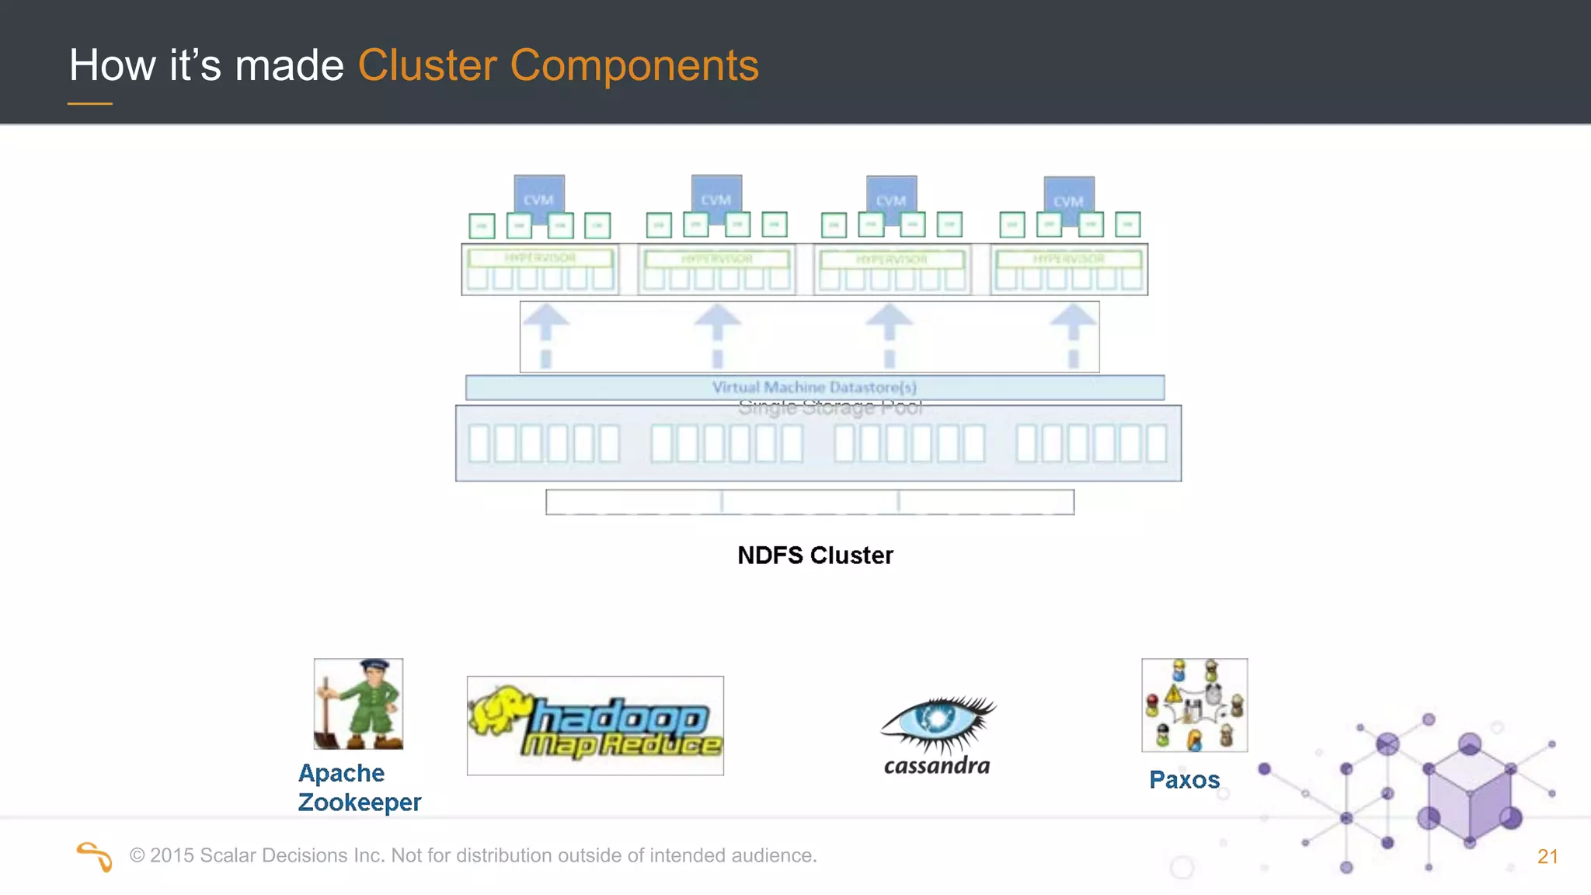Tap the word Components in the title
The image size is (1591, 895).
(634, 65)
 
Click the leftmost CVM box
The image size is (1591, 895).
(538, 195)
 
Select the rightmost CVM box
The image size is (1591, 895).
(1069, 197)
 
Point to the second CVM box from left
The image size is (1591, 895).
(715, 195)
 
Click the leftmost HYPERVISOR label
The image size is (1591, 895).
(540, 258)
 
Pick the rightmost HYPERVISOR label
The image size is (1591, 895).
(1068, 259)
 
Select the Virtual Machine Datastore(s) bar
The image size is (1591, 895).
(814, 387)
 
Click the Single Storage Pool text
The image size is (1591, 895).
(830, 408)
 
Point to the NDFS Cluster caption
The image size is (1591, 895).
(815, 555)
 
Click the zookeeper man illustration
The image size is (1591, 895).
(358, 704)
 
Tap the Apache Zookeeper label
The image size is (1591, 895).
(359, 788)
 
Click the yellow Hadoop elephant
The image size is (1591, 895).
(500, 709)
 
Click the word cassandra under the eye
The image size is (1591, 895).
(937, 766)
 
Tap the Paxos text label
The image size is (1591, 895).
(1184, 779)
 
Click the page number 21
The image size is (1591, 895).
(1547, 856)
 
